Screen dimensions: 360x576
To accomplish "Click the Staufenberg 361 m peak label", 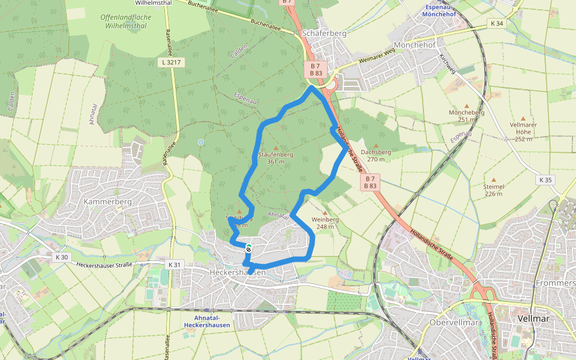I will pyautogui.click(x=275, y=158).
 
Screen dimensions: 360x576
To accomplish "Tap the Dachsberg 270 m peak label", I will pyautogui.click(x=376, y=155).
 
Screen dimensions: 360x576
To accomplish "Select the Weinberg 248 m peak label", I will pyautogui.click(x=325, y=223).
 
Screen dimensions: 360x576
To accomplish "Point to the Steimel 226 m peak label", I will pyautogui.click(x=493, y=190).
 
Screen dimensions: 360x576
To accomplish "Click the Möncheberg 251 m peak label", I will pyautogui.click(x=470, y=116).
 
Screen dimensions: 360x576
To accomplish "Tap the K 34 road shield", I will pyautogui.click(x=497, y=23).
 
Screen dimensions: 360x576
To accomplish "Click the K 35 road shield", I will pyautogui.click(x=545, y=180).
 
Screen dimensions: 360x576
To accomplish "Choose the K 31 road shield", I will pyautogui.click(x=174, y=264).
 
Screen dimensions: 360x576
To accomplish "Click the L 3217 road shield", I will pyautogui.click(x=171, y=62).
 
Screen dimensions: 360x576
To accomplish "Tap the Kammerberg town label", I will pyautogui.click(x=107, y=202).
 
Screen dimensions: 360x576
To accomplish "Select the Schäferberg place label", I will pyautogui.click(x=325, y=34).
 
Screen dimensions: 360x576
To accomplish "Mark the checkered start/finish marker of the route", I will pyautogui.click(x=248, y=248).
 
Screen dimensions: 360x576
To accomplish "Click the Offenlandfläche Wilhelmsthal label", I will pyautogui.click(x=126, y=22).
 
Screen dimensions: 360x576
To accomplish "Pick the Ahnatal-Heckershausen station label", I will pyautogui.click(x=212, y=322).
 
